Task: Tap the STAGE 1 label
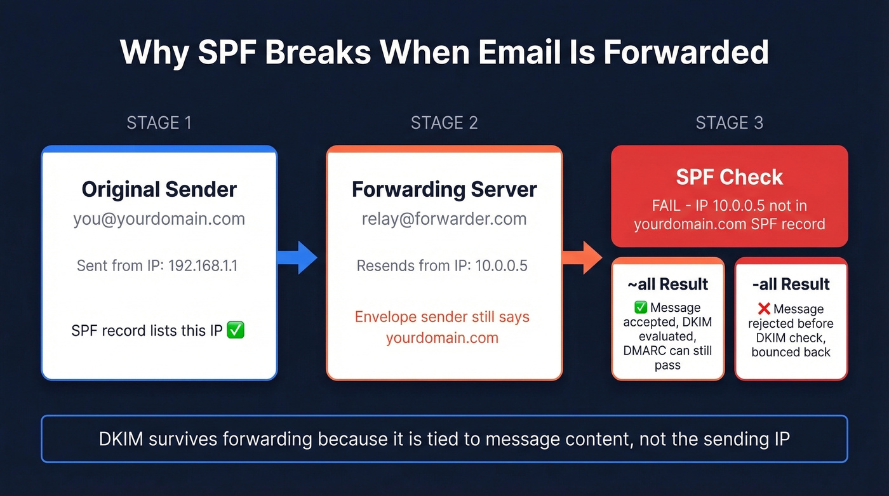pos(159,123)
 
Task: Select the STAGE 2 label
pos(444,123)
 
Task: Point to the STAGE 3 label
pos(729,123)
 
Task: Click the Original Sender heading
pos(159,189)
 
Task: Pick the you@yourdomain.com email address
pos(159,219)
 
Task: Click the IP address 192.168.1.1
pos(203,265)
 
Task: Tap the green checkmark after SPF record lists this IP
pos(236,331)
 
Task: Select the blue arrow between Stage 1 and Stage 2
pos(298,258)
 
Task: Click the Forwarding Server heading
pos(444,189)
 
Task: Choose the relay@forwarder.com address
pos(444,219)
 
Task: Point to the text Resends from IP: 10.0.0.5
pos(442,265)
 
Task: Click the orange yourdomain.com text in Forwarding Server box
pos(442,338)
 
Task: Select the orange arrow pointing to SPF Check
pos(583,258)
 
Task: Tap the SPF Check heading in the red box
pos(729,177)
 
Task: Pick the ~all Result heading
pos(667,284)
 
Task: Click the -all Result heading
pos(791,284)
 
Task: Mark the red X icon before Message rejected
pos(764,309)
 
